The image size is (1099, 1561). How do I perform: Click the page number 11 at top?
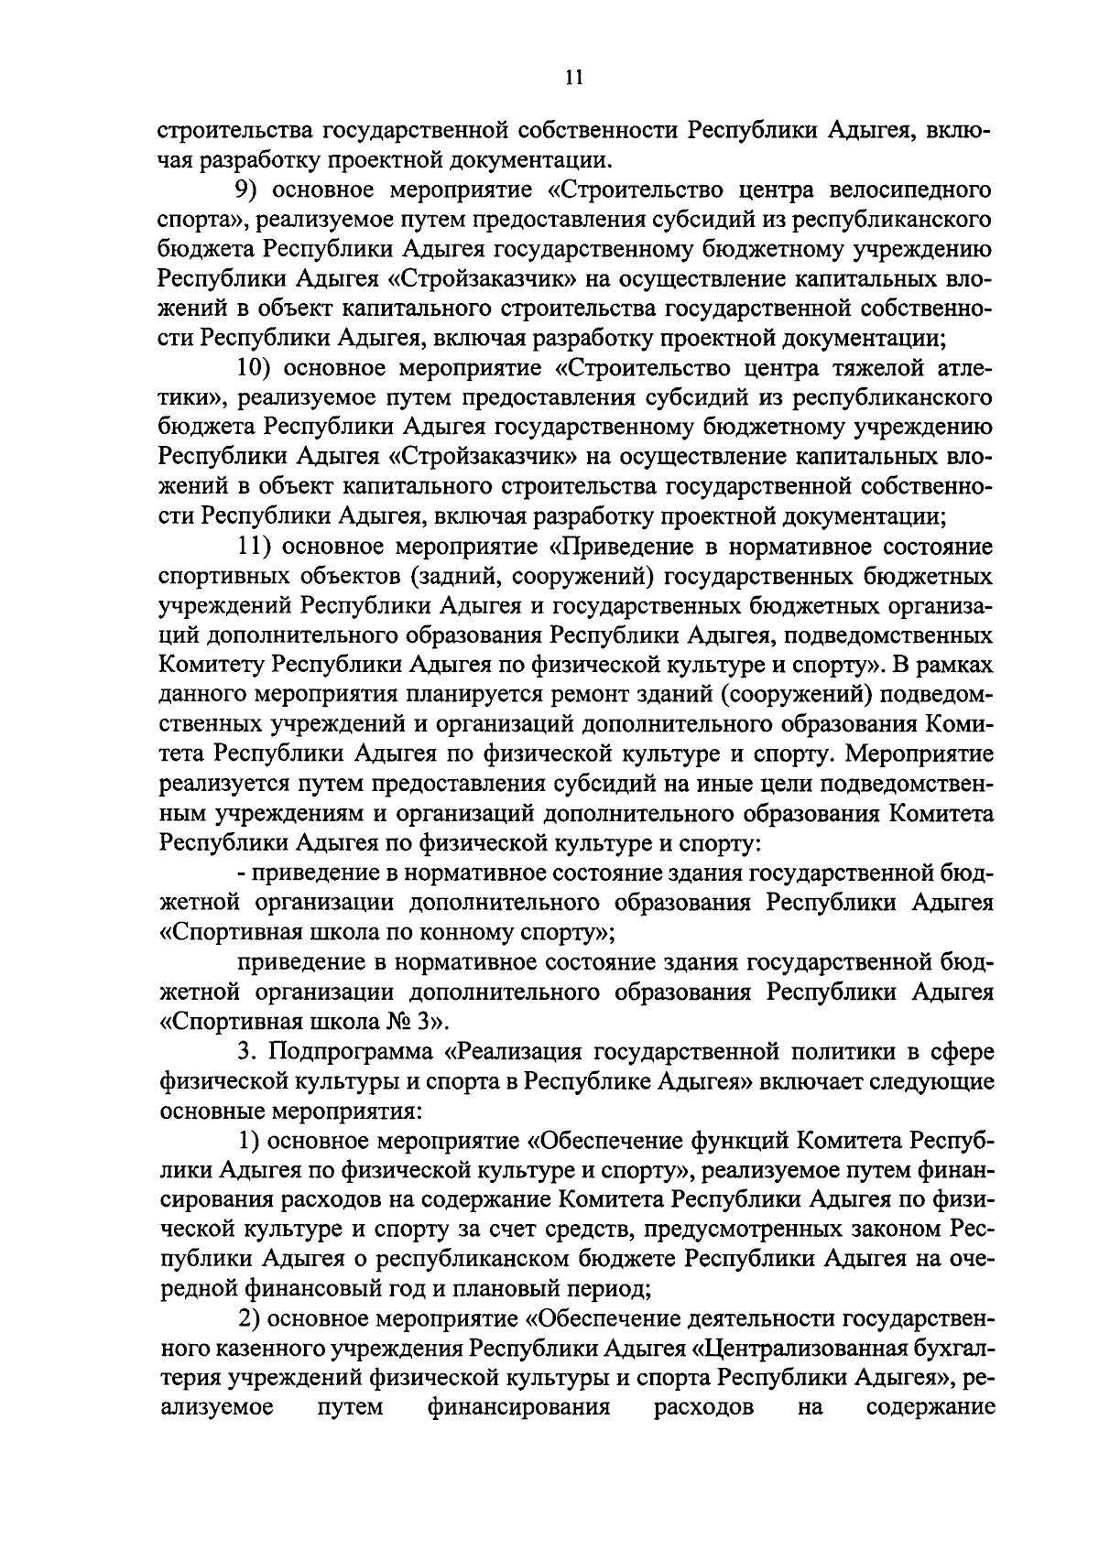click(x=573, y=78)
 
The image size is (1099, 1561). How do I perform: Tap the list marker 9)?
click(x=246, y=191)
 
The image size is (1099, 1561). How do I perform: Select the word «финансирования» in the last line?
click(x=518, y=1407)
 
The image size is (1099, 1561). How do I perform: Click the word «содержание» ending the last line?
click(x=930, y=1407)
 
